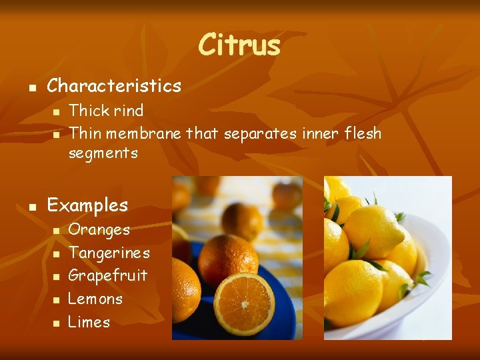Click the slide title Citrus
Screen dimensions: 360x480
(x=239, y=45)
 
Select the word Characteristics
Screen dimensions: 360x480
(x=114, y=85)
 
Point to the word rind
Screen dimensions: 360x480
(x=128, y=110)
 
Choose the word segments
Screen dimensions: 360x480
(x=103, y=153)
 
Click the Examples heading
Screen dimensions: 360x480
(x=87, y=205)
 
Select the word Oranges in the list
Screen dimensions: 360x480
(x=99, y=230)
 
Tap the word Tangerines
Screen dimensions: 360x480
(x=109, y=253)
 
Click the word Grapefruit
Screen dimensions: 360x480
(x=108, y=275)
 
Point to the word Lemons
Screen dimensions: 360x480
(x=96, y=299)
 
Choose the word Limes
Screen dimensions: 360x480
(x=89, y=322)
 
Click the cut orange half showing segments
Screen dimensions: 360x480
(x=243, y=303)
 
